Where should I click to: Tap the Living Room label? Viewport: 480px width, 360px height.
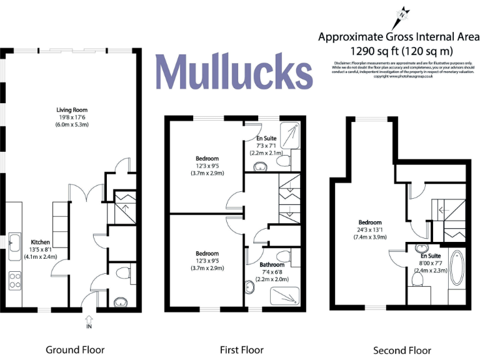coord(72,109)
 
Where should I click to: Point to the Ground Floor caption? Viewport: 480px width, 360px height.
coord(75,349)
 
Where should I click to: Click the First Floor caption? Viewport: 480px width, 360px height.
coord(241,349)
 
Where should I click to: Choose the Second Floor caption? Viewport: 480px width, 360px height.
coord(402,350)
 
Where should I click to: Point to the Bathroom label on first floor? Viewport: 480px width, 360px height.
coord(272,265)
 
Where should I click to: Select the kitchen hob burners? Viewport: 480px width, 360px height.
coord(13,280)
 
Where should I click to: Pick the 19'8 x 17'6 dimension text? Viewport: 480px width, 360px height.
coord(72,117)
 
